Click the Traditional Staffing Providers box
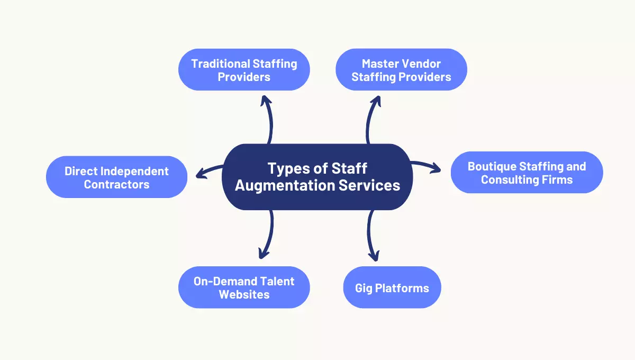(x=244, y=70)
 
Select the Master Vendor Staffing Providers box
(x=401, y=70)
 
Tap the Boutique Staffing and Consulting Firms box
(x=527, y=173)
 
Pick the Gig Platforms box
(x=392, y=288)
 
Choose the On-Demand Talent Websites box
(x=244, y=287)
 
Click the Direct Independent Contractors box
(x=116, y=177)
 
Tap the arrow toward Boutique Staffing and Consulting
(x=426, y=166)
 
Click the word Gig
(x=365, y=288)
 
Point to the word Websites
(x=244, y=294)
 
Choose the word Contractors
(x=116, y=184)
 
